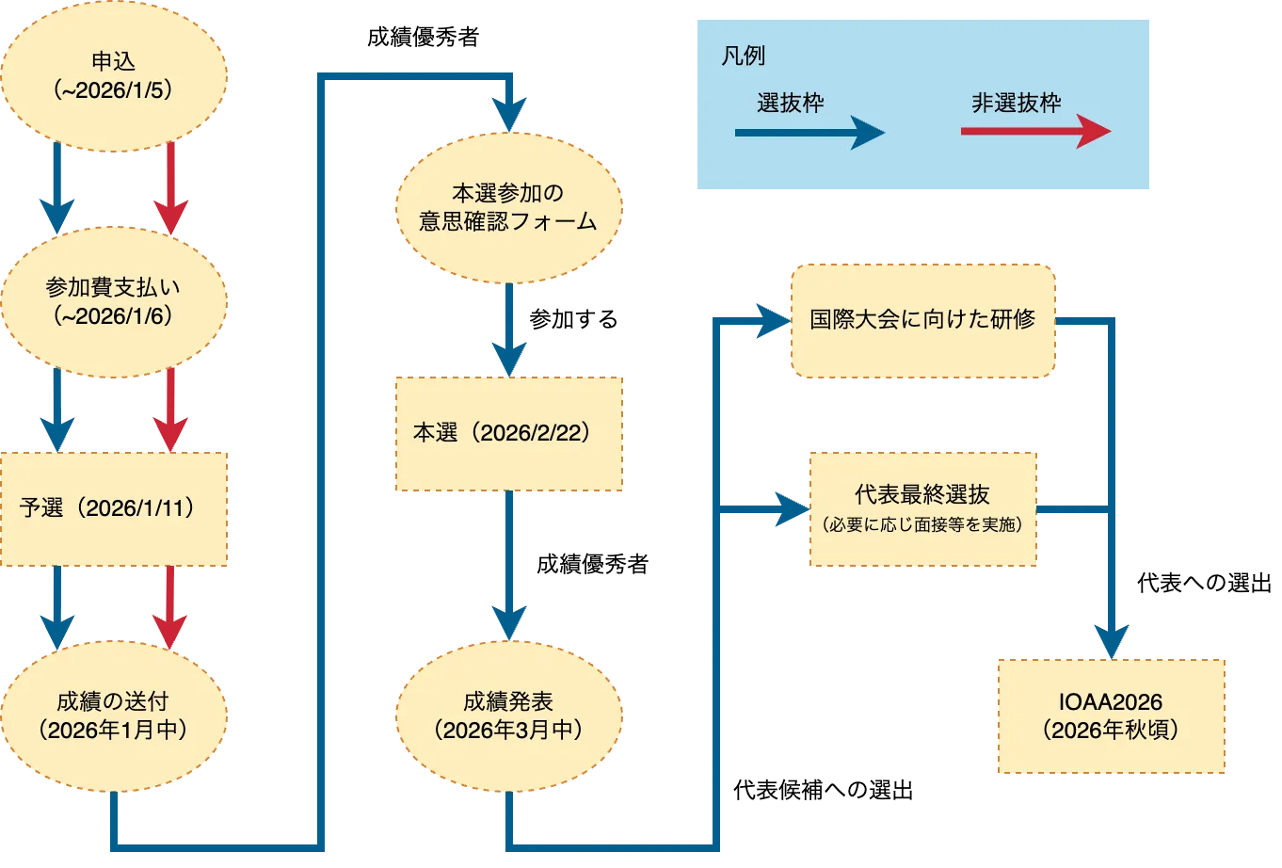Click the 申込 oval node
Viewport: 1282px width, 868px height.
pyautogui.click(x=114, y=75)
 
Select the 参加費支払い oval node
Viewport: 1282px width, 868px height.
pyautogui.click(x=114, y=301)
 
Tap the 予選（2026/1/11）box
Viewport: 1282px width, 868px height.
pyautogui.click(x=114, y=509)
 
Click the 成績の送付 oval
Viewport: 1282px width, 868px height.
pyautogui.click(x=113, y=715)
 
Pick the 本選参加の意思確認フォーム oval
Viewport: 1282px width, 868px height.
pyautogui.click(x=508, y=207)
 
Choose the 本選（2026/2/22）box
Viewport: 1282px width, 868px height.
pyautogui.click(x=508, y=434)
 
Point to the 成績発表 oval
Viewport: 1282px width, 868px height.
pyautogui.click(x=508, y=715)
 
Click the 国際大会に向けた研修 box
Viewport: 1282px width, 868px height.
pyautogui.click(x=922, y=320)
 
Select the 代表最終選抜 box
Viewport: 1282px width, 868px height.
pyautogui.click(x=922, y=509)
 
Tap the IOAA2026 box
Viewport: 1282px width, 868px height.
pyautogui.click(x=1111, y=715)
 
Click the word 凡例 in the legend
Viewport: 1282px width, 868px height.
pyautogui.click(x=744, y=56)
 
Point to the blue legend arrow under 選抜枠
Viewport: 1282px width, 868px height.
pyautogui.click(x=809, y=133)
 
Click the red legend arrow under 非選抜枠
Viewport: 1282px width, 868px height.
pyautogui.click(x=1035, y=132)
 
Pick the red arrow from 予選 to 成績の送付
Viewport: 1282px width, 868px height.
pyautogui.click(x=170, y=606)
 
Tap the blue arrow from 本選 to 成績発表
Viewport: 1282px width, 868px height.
pyautogui.click(x=508, y=565)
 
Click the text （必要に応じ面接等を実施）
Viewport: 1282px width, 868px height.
pyautogui.click(x=922, y=525)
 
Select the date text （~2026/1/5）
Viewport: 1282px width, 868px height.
pyautogui.click(x=114, y=90)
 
